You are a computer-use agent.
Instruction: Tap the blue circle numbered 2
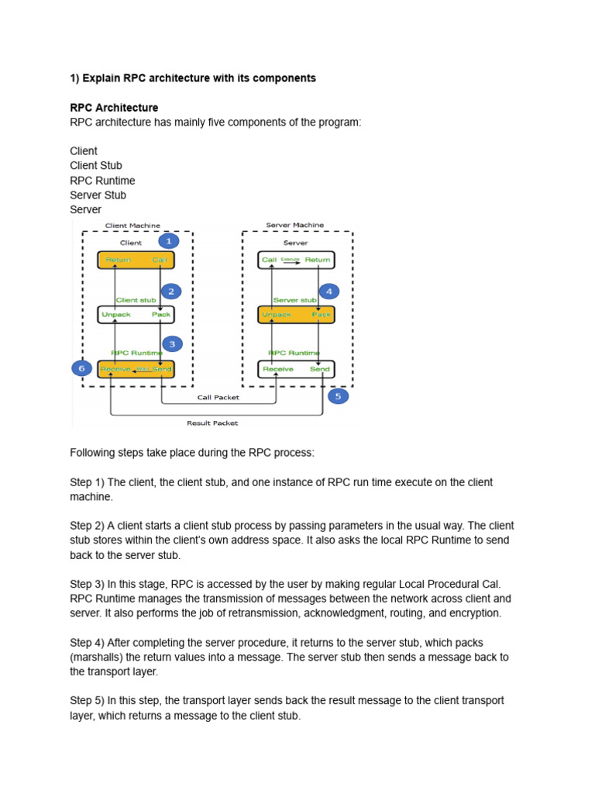pyautogui.click(x=170, y=292)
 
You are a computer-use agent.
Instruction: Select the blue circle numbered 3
pyautogui.click(x=172, y=343)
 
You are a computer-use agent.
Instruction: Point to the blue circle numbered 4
pyautogui.click(x=328, y=292)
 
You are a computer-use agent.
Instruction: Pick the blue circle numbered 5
pyautogui.click(x=338, y=396)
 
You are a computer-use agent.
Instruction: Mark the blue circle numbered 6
pyautogui.click(x=81, y=368)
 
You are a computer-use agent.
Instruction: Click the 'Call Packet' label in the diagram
pyautogui.click(x=218, y=397)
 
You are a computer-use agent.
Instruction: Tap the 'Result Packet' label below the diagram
pyautogui.click(x=212, y=423)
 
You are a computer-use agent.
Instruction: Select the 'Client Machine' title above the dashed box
pyautogui.click(x=132, y=226)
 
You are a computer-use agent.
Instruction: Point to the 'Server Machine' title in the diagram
pyautogui.click(x=294, y=225)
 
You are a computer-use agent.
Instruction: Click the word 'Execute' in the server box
pyautogui.click(x=290, y=260)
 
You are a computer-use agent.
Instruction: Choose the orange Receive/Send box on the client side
pyautogui.click(x=136, y=369)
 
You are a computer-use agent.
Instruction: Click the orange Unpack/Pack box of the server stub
pyautogui.click(x=296, y=315)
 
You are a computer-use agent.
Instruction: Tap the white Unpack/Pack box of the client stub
pyautogui.click(x=136, y=315)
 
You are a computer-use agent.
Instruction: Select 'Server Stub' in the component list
pyautogui.click(x=98, y=195)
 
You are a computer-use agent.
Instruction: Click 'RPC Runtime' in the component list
pyautogui.click(x=102, y=180)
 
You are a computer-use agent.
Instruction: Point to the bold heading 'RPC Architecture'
pyautogui.click(x=114, y=108)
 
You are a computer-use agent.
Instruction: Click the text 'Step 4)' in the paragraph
pyautogui.click(x=87, y=643)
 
